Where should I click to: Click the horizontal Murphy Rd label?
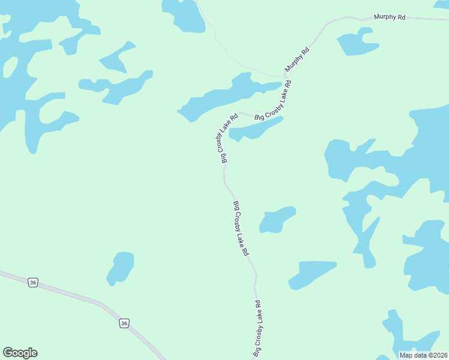point(390,17)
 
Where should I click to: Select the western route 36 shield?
point(33,282)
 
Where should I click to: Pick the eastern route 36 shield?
point(124,323)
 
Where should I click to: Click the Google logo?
point(20,353)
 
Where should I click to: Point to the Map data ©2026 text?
point(423,355)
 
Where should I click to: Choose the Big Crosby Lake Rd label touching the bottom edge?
point(259,329)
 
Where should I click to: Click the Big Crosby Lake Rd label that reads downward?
point(240,229)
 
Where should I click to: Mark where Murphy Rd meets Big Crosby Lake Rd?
point(285,76)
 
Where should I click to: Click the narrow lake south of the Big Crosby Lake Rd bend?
point(255,130)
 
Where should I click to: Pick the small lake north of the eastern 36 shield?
point(121,267)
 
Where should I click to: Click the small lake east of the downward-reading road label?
point(277,220)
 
